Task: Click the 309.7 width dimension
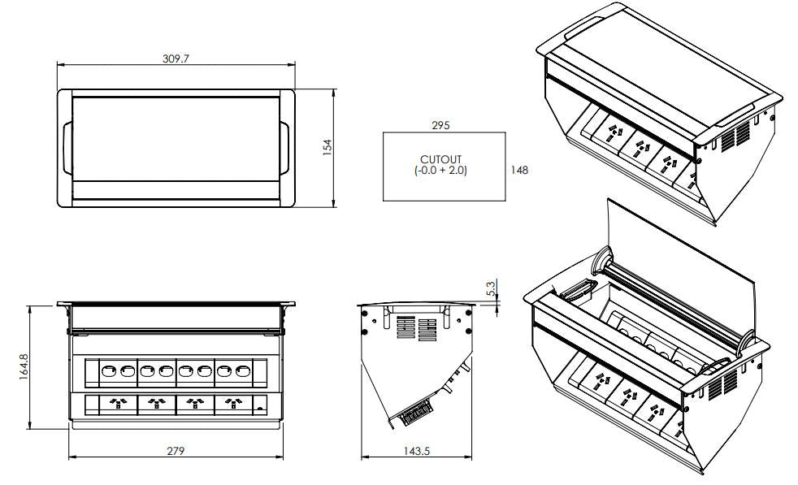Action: coord(176,58)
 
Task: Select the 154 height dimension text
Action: coord(327,146)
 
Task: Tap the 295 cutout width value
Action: coord(441,125)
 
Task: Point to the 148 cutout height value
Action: coord(520,170)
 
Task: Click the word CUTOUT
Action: coord(440,159)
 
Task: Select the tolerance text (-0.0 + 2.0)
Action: coord(440,171)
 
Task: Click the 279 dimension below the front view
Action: coord(176,450)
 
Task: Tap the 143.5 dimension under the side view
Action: coord(415,450)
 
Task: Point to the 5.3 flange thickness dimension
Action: coord(489,288)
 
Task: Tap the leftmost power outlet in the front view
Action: coord(117,403)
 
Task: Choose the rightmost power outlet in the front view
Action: coord(234,403)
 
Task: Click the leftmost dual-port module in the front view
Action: coord(117,372)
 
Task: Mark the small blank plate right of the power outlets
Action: coord(260,404)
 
